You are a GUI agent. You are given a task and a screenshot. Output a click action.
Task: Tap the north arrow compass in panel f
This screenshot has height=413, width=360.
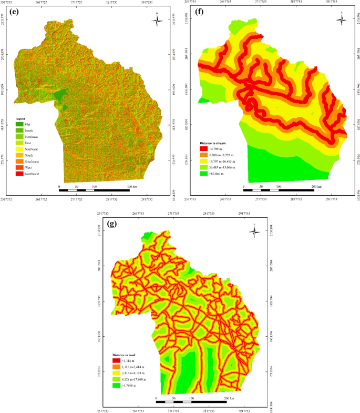point(342,21)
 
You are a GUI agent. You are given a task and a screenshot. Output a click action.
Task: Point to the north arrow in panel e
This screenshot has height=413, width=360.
point(159,21)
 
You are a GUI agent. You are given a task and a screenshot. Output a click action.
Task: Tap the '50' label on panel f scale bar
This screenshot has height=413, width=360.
point(261,187)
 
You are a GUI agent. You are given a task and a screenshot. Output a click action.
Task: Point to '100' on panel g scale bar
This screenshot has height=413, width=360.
point(191,399)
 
